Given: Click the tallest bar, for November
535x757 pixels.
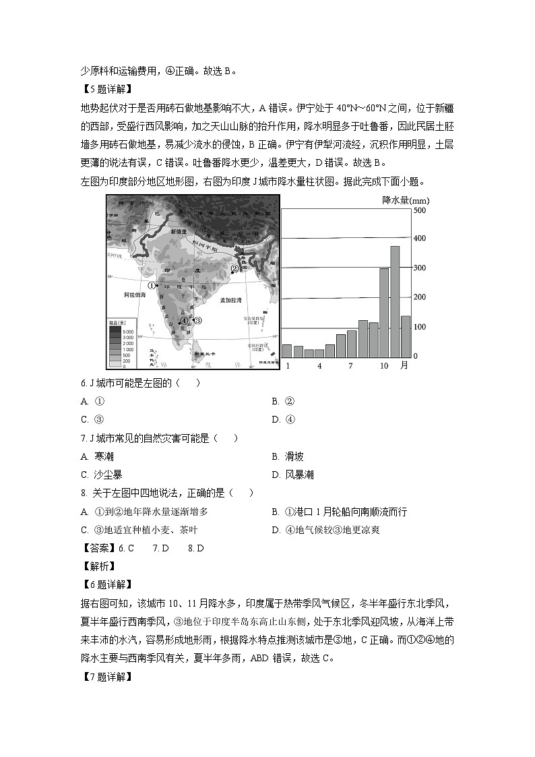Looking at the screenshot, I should click(x=395, y=302).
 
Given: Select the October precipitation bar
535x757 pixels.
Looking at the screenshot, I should click(x=384, y=313).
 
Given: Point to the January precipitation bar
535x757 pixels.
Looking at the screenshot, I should click(x=287, y=351).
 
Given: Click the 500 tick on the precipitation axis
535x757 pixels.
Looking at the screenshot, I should click(x=420, y=211).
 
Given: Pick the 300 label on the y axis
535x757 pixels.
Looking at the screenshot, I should click(x=420, y=268).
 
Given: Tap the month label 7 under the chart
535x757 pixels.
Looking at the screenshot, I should click(x=350, y=365).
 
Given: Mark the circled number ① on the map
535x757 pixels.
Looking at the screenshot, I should click(x=151, y=285).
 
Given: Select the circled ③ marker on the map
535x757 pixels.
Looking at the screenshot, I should click(x=197, y=320).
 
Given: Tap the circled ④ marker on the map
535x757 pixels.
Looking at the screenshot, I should click(x=184, y=322).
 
